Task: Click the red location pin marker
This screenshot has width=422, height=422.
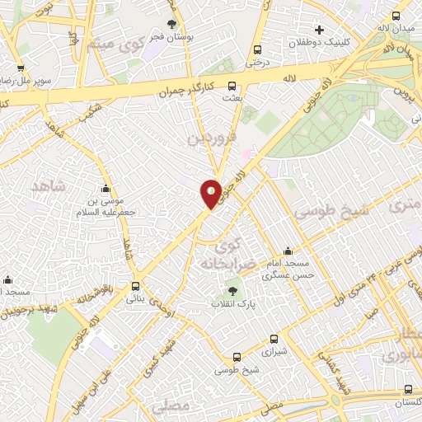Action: [x=211, y=194]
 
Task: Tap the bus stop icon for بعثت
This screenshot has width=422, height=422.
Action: [x=232, y=85]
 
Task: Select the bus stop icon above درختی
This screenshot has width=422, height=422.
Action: [x=258, y=49]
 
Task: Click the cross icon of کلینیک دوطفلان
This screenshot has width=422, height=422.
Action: [x=319, y=30]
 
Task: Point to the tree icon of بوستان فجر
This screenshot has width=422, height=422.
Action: [x=171, y=25]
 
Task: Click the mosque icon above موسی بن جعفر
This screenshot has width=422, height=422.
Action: [x=105, y=190]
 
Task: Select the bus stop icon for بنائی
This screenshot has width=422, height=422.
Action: [x=135, y=286]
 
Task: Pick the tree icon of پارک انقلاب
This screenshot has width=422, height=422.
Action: [x=232, y=290]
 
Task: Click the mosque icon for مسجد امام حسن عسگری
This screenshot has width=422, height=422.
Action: [x=287, y=251]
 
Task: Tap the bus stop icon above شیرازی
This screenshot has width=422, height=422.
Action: [x=274, y=338]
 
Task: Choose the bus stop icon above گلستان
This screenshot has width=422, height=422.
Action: [x=408, y=389]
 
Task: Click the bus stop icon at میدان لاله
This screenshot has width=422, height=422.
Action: [x=396, y=16]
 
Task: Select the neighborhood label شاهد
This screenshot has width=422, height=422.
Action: [x=49, y=186]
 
